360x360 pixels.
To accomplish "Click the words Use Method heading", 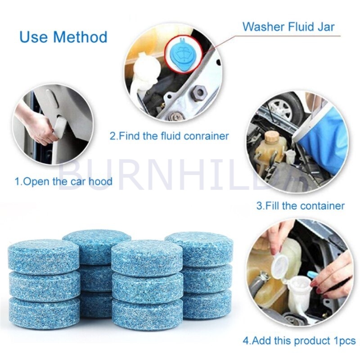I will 63,36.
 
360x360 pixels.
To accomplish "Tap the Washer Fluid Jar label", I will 288,26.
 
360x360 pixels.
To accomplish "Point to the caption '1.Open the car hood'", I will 63,182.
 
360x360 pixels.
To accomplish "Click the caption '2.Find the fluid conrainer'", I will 170,135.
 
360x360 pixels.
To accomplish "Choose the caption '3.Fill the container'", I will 300,206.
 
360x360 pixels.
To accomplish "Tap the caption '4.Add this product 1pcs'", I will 299,341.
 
